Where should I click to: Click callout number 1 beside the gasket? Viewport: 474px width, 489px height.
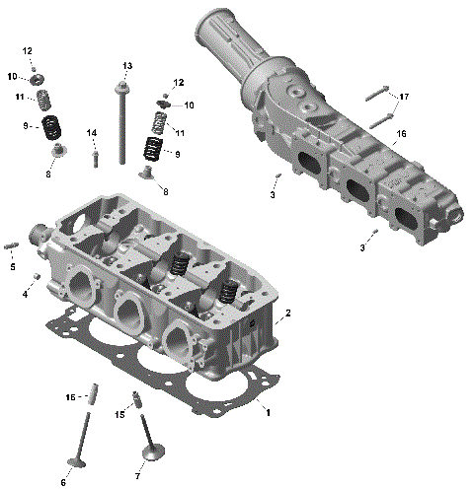point(267,412)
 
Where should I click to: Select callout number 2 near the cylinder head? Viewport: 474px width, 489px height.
point(287,314)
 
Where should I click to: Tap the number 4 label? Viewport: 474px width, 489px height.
point(25,293)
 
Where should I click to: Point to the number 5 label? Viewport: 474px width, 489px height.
point(13,266)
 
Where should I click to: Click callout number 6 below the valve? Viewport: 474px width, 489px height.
point(64,482)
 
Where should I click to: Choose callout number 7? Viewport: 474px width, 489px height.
point(137,476)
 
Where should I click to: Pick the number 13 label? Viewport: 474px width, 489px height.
point(126,65)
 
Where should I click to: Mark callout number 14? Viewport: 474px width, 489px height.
point(91,132)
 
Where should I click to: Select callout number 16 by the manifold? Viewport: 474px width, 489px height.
point(402,133)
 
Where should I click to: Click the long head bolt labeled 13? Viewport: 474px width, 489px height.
point(121,123)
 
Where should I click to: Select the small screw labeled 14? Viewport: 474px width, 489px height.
point(96,156)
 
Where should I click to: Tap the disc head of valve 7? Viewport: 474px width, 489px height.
point(152,453)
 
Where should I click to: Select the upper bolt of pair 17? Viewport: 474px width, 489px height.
point(374,96)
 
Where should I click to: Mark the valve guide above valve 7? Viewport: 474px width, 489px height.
point(137,401)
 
